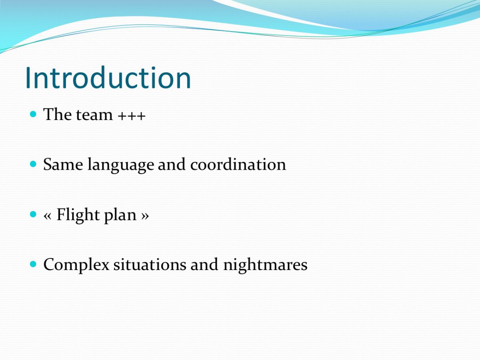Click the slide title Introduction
click(108, 78)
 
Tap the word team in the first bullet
click(94, 115)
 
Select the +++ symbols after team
click(132, 116)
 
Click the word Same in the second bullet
click(63, 164)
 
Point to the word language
click(121, 165)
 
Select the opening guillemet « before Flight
click(48, 216)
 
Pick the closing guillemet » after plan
click(145, 216)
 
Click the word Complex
click(76, 265)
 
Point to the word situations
click(150, 264)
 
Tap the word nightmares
click(265, 265)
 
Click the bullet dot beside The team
click(33, 114)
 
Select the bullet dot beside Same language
click(33, 164)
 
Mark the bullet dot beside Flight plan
click(33, 214)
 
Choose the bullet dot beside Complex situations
click(33, 264)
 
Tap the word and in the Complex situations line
click(204, 264)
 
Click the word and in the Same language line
click(172, 164)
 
